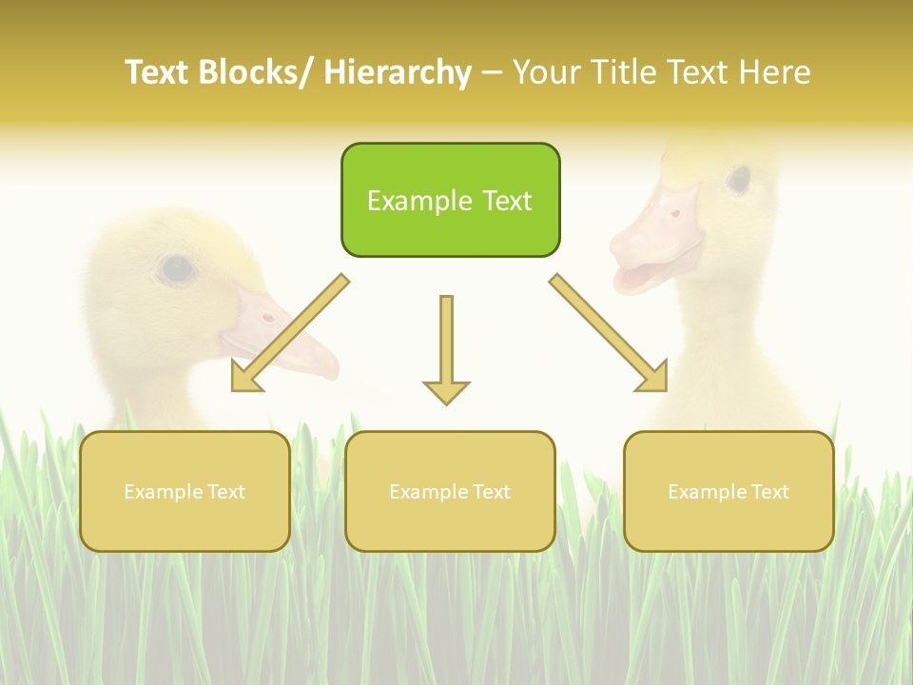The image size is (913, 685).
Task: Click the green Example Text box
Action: pos(450,200)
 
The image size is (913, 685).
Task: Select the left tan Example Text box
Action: pos(185,491)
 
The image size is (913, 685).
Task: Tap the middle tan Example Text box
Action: pos(450,491)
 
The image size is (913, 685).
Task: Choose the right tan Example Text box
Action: pos(728,491)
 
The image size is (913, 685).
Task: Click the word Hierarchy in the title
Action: pos(398,72)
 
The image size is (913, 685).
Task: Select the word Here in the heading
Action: pos(776,72)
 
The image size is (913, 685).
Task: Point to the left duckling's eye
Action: pos(177,269)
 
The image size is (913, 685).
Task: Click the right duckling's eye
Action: pos(738,179)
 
